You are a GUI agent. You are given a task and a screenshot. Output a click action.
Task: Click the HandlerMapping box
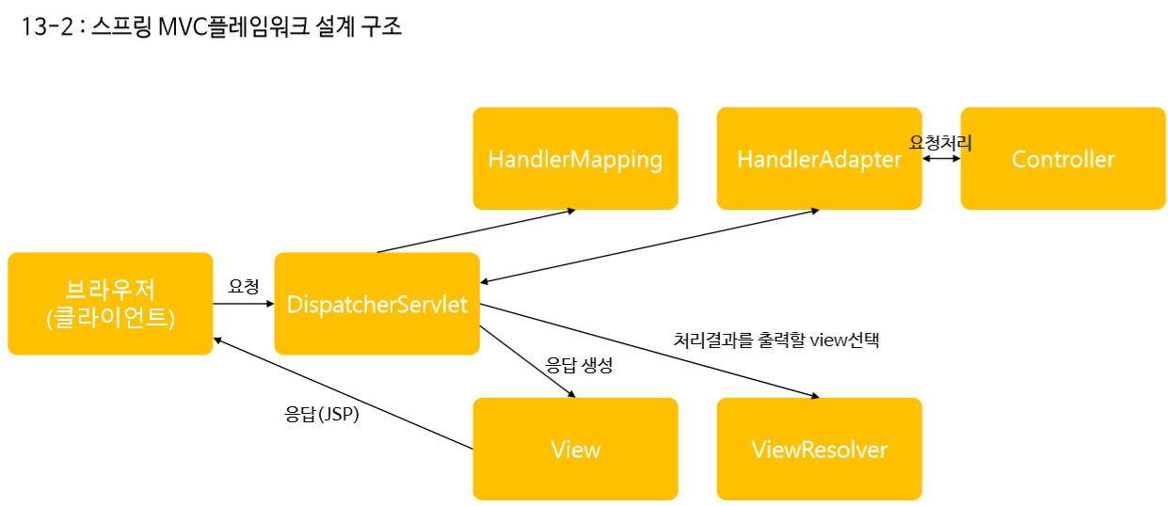point(575,158)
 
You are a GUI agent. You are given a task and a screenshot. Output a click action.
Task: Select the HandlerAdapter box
point(819,158)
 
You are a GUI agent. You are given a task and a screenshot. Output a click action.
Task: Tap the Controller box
point(1063,158)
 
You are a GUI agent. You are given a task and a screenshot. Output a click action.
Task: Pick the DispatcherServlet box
point(377,304)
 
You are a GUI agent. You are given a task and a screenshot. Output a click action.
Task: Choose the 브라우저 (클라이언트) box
point(110,304)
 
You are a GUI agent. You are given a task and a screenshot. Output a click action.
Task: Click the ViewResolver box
point(819,449)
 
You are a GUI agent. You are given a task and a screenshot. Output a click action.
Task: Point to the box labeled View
point(575,449)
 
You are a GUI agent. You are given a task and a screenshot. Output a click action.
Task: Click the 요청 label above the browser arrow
point(244,287)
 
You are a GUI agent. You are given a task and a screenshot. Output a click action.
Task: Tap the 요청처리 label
point(940,143)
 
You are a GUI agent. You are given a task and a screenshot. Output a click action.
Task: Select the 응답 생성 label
point(579,366)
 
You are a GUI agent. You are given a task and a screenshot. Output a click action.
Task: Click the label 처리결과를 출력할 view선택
point(776,340)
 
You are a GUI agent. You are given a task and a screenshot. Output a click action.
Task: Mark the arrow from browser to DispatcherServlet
point(244,304)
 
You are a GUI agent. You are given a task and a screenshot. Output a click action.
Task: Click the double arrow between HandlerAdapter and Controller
point(941,159)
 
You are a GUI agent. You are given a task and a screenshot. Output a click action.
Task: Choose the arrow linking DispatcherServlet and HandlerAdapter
point(649,245)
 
